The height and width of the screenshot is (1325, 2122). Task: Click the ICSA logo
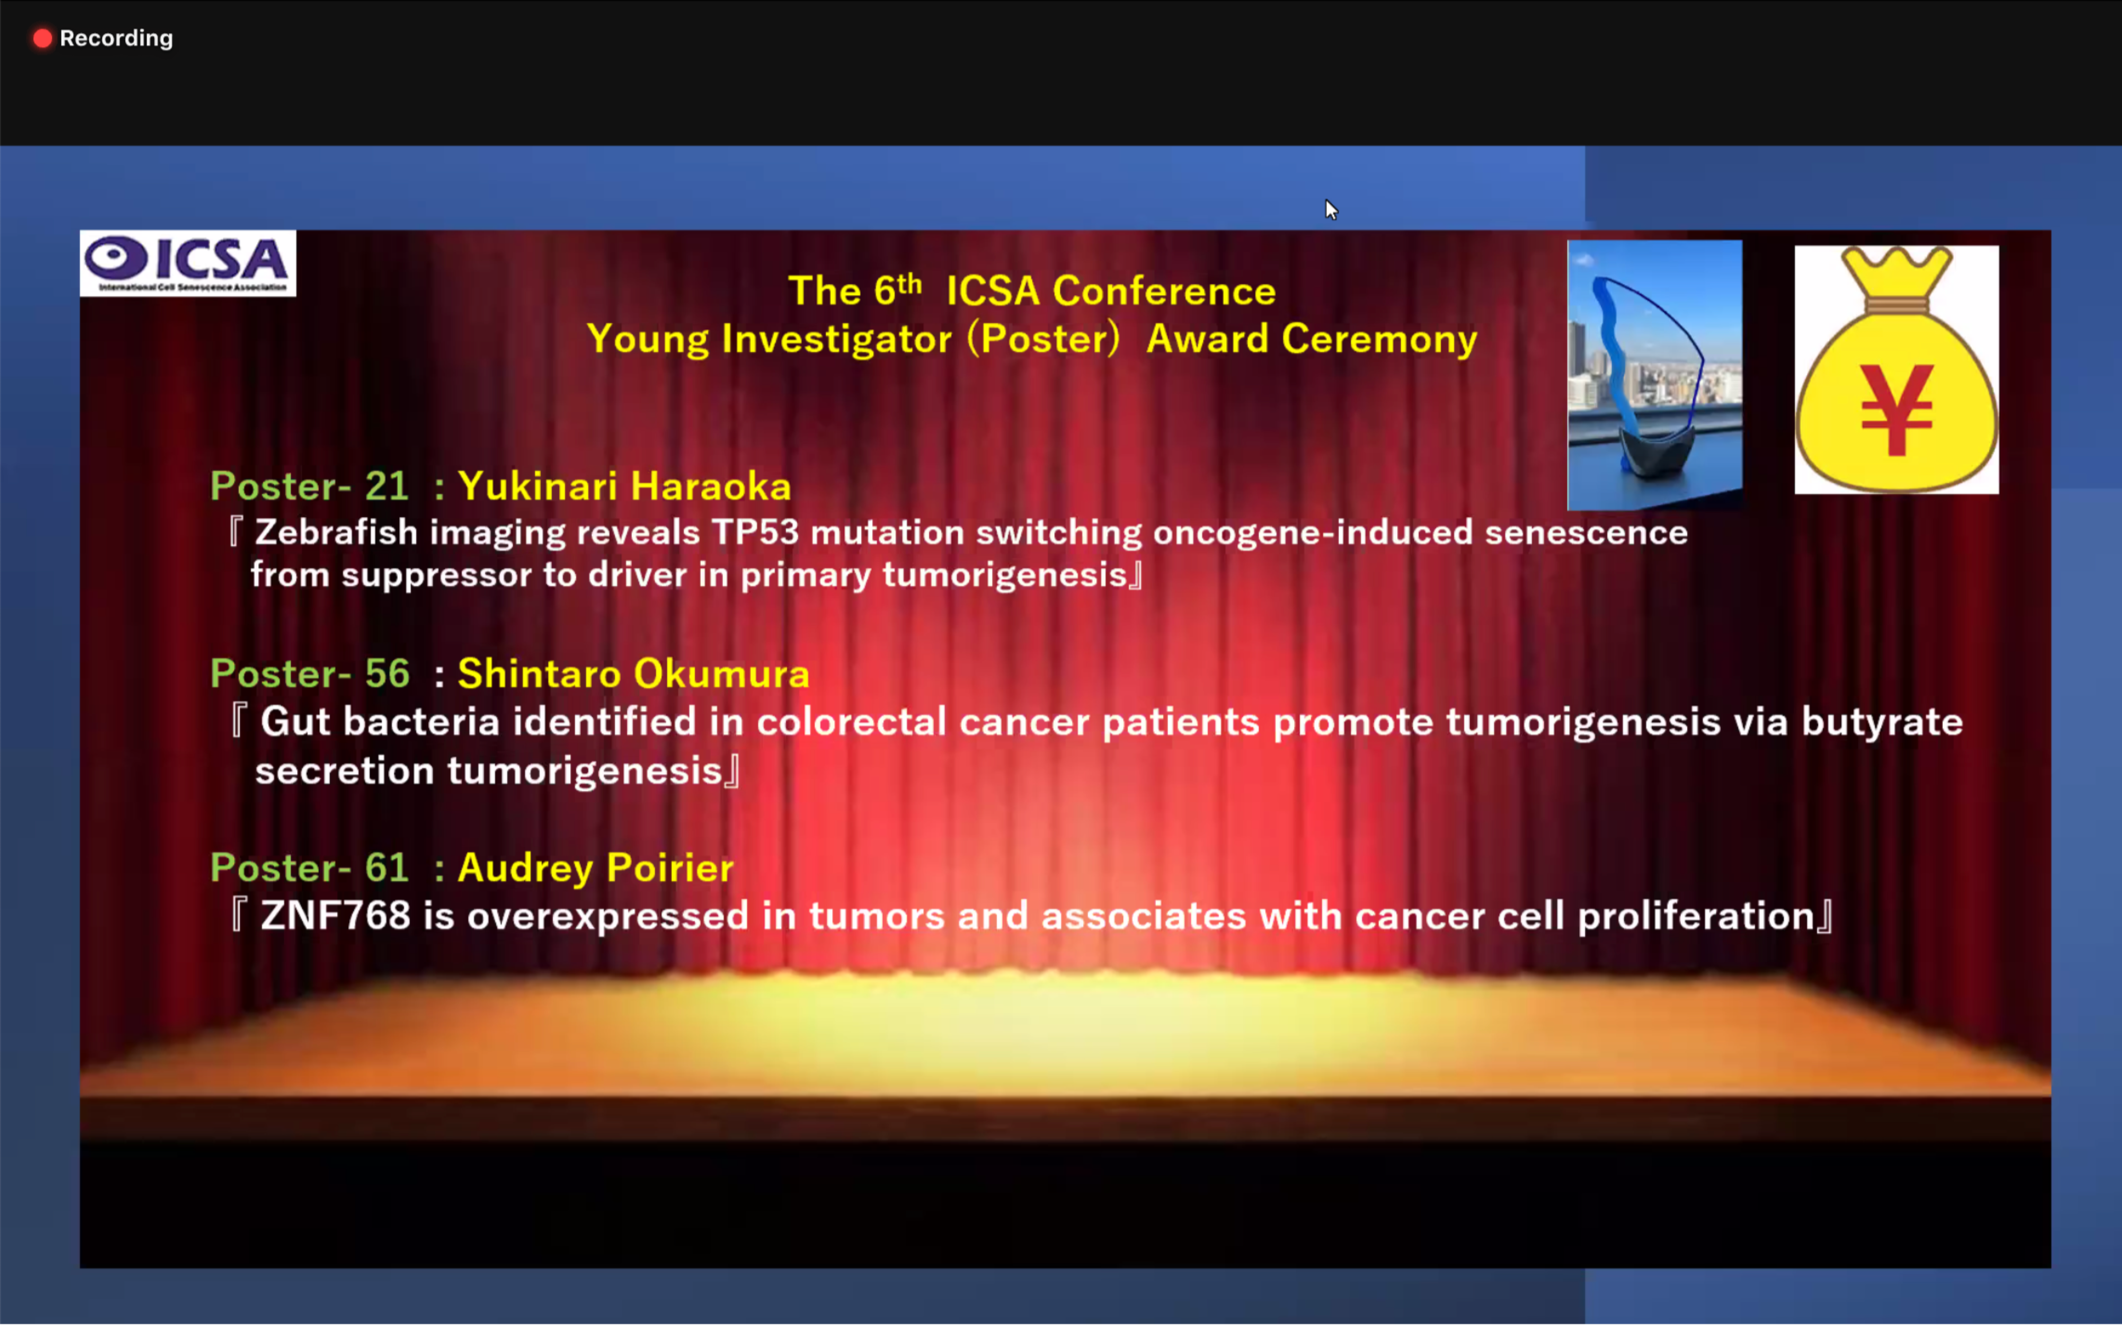(188, 263)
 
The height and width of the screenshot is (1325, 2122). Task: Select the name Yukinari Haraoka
(624, 486)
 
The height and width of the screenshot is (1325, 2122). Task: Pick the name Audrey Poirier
(595, 868)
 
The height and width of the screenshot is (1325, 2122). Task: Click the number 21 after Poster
(387, 486)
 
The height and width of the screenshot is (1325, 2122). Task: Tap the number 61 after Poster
(387, 868)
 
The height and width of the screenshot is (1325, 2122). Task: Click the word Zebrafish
(336, 532)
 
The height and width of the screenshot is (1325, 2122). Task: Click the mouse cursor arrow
(1331, 209)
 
